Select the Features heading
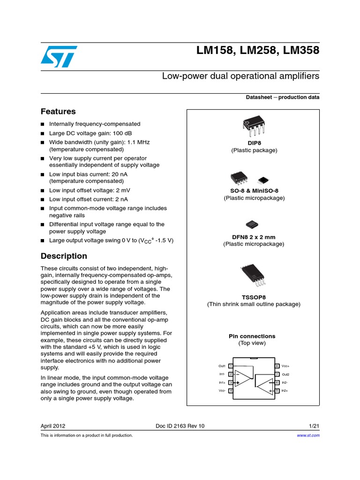pos(58,112)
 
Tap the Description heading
pos(64,256)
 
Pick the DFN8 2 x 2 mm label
pos(254,237)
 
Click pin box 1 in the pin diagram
pos(231,366)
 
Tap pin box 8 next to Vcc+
pos(277,366)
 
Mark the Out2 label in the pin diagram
pos(285,374)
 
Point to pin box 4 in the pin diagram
pos(231,390)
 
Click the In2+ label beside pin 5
pos(285,390)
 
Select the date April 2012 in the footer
pos(53,426)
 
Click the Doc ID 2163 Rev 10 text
pos(180,426)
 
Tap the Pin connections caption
pos(252,336)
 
